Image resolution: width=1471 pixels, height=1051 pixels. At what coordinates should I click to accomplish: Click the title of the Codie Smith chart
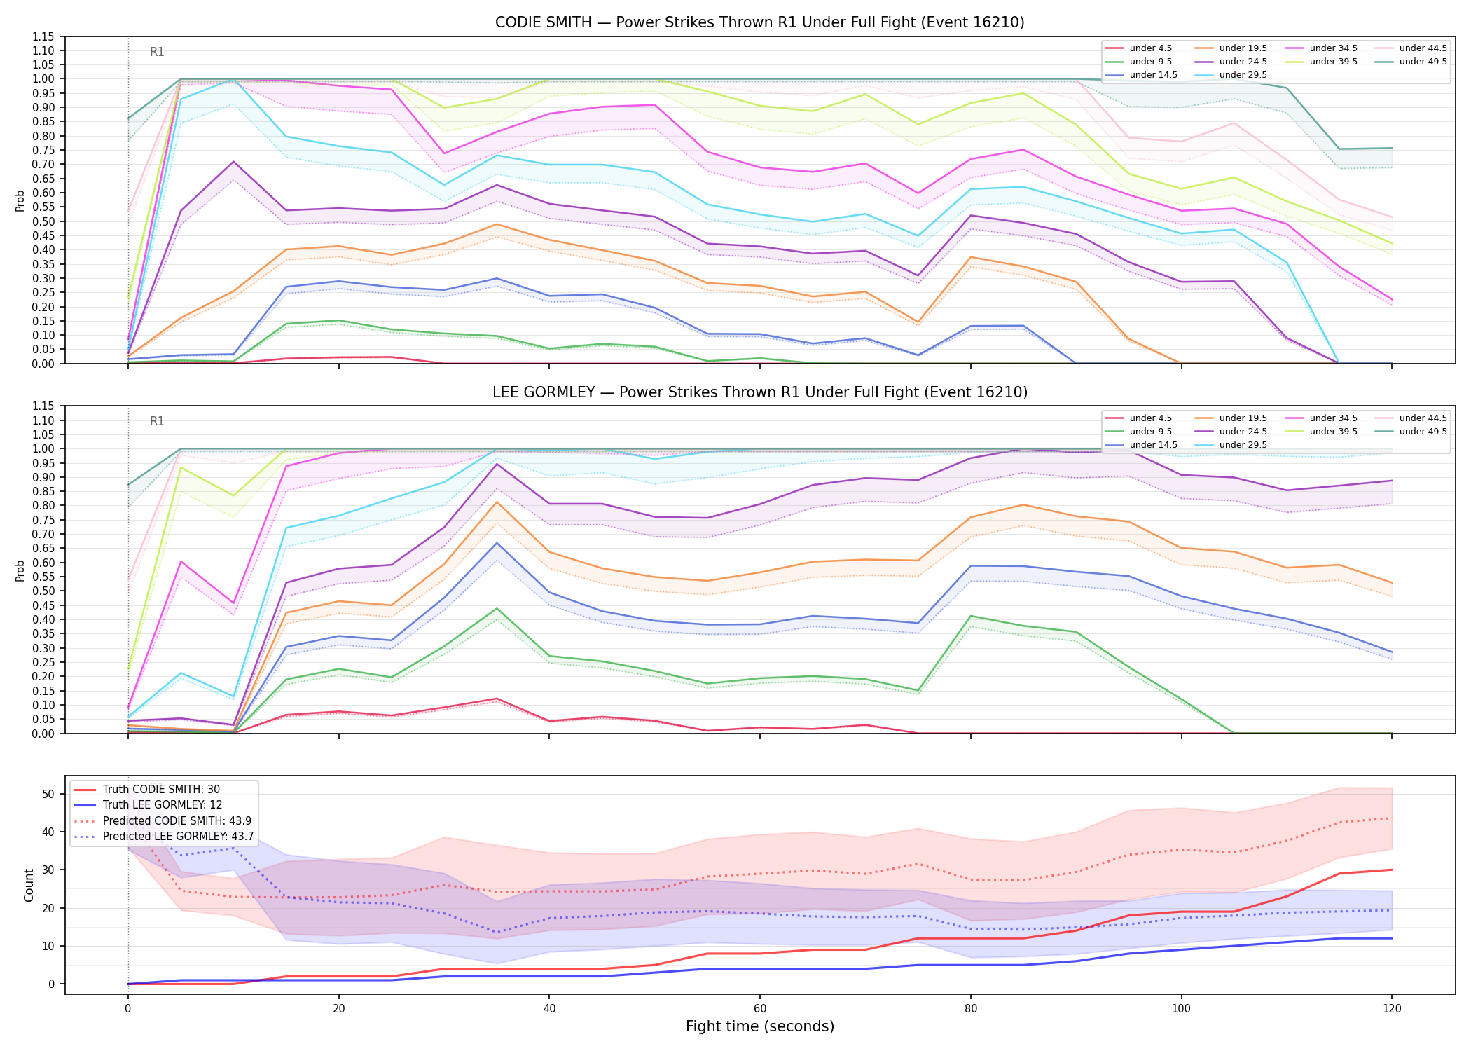(x=759, y=22)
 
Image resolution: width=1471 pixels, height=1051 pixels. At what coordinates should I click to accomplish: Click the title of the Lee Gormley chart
(x=759, y=392)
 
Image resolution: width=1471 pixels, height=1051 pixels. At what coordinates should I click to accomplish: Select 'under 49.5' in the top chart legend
(x=1423, y=62)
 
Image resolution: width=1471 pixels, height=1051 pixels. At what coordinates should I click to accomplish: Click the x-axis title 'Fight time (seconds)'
(x=760, y=1026)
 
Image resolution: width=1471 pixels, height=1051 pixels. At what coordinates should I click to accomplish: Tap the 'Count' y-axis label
(x=29, y=885)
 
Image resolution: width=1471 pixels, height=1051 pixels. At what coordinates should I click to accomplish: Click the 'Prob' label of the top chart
(x=20, y=200)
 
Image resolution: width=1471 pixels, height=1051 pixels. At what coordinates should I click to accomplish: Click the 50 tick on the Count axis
(x=48, y=794)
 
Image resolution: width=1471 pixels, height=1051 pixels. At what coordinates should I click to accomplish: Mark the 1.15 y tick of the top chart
(x=43, y=36)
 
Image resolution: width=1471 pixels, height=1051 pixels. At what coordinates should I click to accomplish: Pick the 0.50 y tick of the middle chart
(x=43, y=591)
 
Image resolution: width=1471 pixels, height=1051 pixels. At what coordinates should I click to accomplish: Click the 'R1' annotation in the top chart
(x=157, y=52)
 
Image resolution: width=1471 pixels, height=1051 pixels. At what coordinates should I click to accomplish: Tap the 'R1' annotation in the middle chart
(x=157, y=421)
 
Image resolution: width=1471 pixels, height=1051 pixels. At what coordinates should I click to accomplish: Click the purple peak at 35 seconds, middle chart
(x=497, y=464)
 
